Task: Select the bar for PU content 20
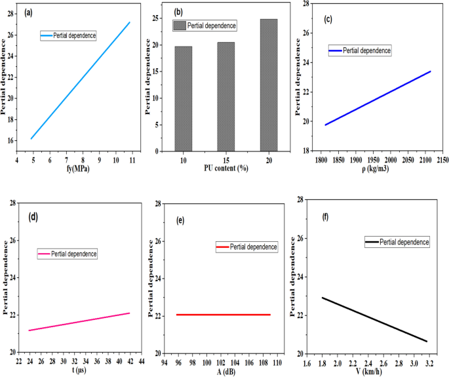coord(269,85)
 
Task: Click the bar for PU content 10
coord(183,98)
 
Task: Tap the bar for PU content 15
coord(225,97)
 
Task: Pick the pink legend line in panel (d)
coord(49,254)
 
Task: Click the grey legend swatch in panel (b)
coord(179,26)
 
